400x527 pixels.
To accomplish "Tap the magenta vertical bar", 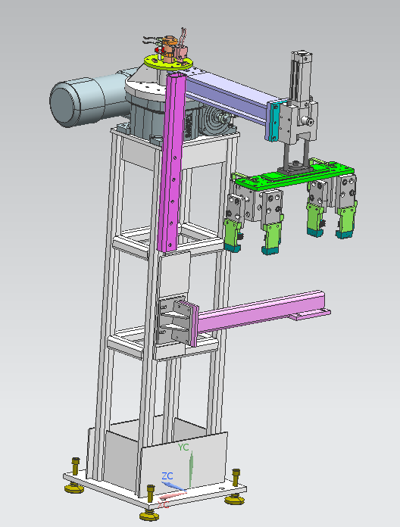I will tap(171, 167).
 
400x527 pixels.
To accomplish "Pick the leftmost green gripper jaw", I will tap(233, 235).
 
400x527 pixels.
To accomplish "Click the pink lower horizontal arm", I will tap(265, 312).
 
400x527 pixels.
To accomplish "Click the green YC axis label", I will tap(183, 447).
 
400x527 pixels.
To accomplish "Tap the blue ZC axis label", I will tap(167, 476).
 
